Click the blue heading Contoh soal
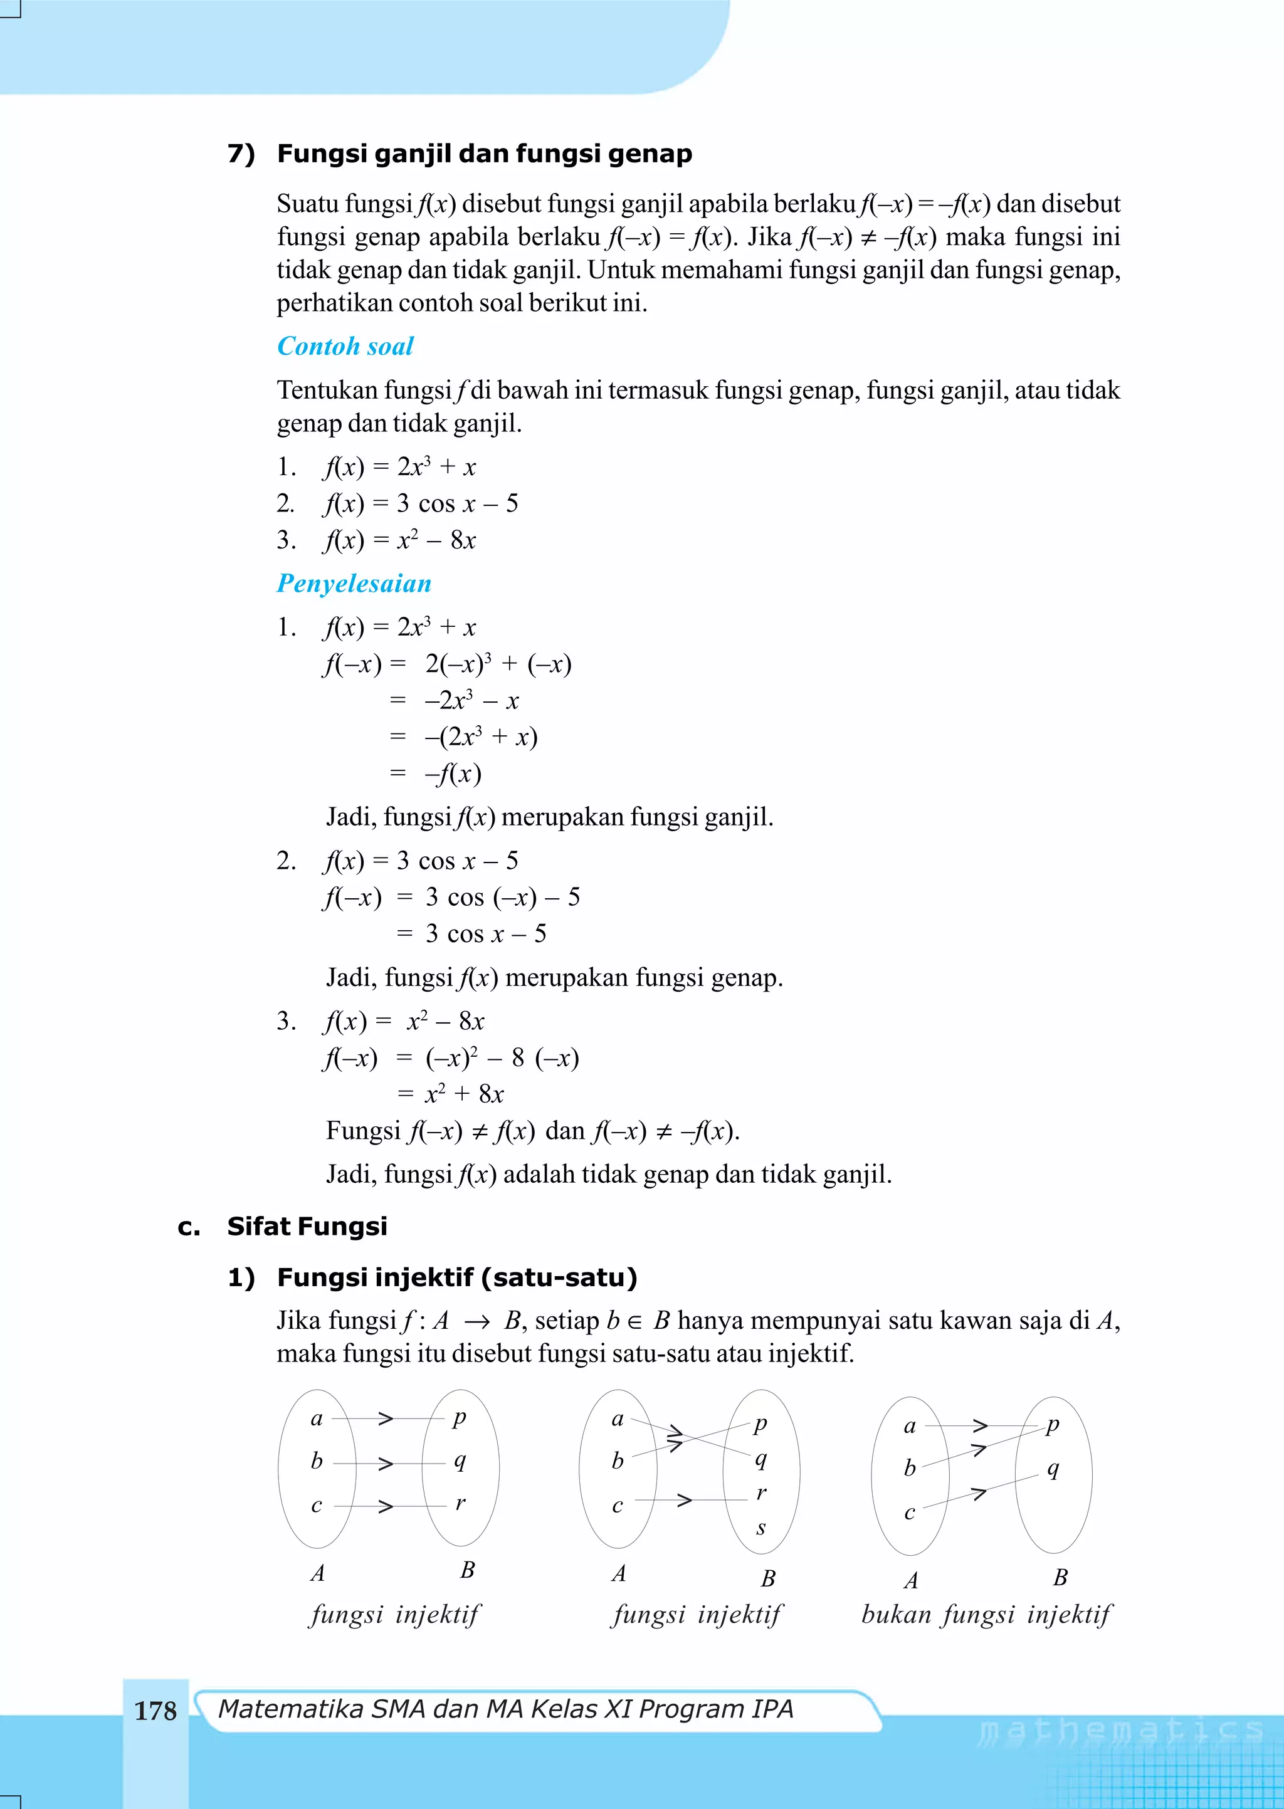coord(345,346)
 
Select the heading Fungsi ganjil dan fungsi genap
coord(484,154)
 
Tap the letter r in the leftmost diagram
coord(460,1502)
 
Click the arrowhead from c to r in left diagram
coord(386,1506)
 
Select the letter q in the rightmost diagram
coord(1053,1469)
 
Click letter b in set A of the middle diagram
coord(618,1461)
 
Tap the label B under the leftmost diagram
coord(467,1570)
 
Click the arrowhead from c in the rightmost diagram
coord(979,1493)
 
